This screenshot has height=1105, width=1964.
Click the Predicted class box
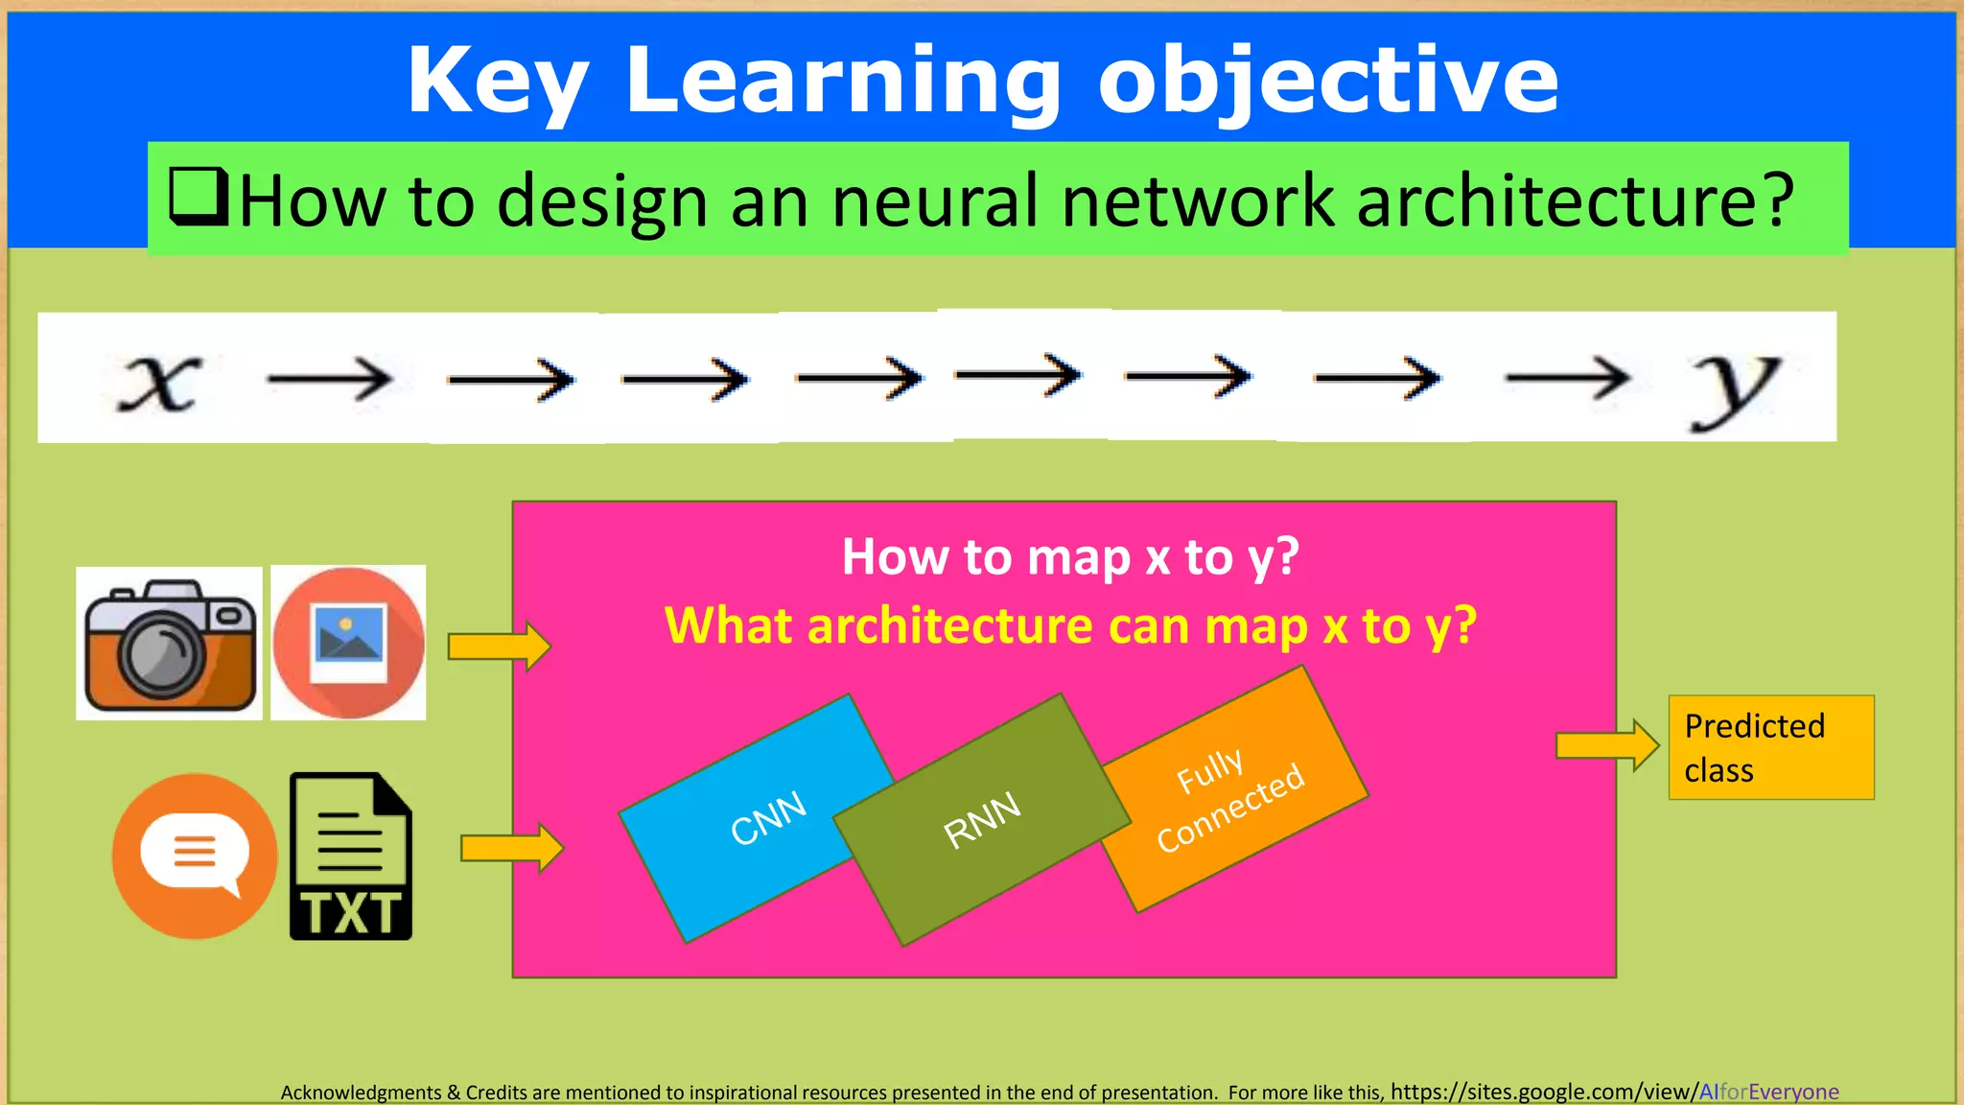(x=1770, y=747)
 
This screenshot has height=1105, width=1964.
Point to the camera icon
(x=170, y=644)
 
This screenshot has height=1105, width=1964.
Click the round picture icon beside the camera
(x=348, y=643)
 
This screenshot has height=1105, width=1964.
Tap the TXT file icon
(x=351, y=857)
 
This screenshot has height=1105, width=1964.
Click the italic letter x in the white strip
(x=160, y=381)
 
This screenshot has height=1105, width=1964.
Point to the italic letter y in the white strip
(x=1734, y=386)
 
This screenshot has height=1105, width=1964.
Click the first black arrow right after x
(x=330, y=380)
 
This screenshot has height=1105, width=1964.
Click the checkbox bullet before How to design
(x=199, y=197)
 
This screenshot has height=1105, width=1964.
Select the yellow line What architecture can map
(x=1070, y=625)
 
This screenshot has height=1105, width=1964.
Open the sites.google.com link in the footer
(x=1614, y=1092)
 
